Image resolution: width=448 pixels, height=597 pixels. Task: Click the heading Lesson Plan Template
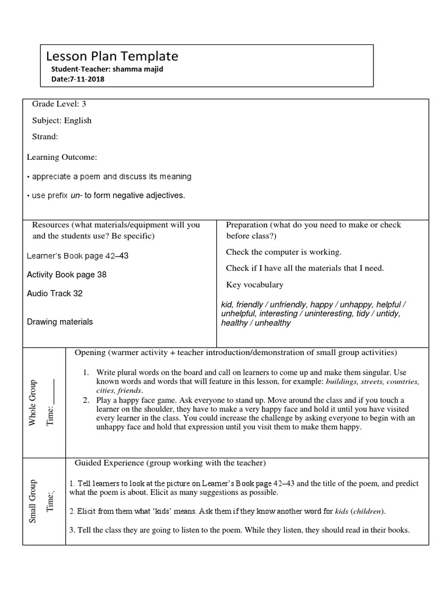112,57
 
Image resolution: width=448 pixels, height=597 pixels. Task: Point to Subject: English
62,121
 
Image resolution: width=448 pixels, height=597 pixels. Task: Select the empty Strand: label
45,136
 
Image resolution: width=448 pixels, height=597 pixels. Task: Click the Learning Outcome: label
62,157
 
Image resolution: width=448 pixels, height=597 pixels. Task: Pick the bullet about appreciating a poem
109,176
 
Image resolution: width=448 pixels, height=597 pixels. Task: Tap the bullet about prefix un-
106,195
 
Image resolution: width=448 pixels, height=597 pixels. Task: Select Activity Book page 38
66,275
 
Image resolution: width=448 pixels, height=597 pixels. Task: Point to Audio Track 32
55,293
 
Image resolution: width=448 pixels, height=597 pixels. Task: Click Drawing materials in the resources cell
60,321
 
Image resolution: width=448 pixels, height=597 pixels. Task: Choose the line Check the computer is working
283,252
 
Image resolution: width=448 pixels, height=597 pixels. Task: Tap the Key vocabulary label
254,285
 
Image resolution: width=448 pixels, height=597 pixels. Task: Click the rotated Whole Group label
33,402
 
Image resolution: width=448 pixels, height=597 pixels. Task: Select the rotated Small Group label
33,501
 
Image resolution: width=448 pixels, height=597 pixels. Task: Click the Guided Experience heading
170,463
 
